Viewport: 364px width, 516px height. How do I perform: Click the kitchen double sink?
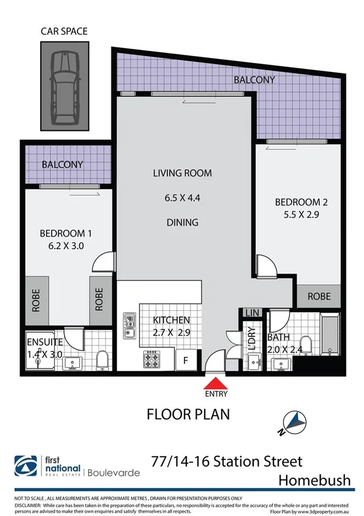(x=129, y=325)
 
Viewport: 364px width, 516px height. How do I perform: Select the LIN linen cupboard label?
(x=251, y=313)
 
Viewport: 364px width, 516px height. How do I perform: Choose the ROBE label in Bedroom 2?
(x=319, y=297)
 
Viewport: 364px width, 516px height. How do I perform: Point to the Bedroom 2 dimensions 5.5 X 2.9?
(x=297, y=214)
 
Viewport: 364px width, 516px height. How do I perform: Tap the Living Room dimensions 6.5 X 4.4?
(x=183, y=197)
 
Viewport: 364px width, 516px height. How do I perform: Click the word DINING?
(x=183, y=222)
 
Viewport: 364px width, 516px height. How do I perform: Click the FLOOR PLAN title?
(x=188, y=414)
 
